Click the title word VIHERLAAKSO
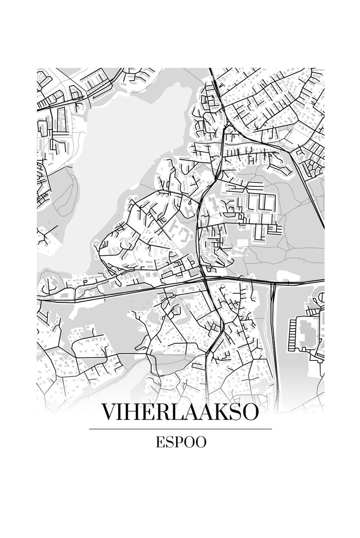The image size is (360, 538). [x=180, y=412]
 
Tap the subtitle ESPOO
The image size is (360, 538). [x=180, y=442]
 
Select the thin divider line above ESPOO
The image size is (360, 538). [x=180, y=429]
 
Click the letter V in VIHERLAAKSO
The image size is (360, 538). [x=109, y=412]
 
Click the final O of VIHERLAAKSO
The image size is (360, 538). [x=249, y=412]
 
